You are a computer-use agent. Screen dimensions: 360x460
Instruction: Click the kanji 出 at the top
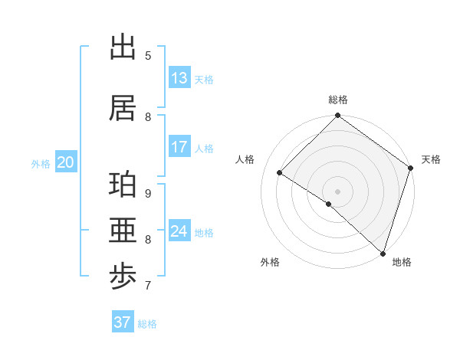pos(123,47)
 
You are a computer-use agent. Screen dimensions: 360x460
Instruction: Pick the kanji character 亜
pos(123,231)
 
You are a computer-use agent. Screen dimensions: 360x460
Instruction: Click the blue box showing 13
pos(179,78)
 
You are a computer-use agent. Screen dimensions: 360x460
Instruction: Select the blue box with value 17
pos(179,147)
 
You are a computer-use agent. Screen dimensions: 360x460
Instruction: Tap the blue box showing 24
pos(179,231)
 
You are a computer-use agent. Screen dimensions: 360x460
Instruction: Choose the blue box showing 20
pos(66,162)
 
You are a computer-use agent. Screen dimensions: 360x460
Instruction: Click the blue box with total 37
pos(123,322)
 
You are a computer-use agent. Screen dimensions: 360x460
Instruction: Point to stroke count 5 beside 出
pos(148,55)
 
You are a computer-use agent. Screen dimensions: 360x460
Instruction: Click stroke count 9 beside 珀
pos(148,193)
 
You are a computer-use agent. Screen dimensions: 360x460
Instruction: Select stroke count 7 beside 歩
pos(148,286)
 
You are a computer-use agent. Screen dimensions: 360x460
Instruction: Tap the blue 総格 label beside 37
pos(147,324)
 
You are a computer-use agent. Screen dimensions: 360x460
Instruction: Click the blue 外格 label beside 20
pos(41,163)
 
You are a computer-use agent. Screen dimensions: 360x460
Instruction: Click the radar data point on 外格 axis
pos(329,204)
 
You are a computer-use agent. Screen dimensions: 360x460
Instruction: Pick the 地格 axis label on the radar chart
pos(402,262)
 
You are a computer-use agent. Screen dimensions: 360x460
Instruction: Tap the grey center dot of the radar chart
pos(337,191)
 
